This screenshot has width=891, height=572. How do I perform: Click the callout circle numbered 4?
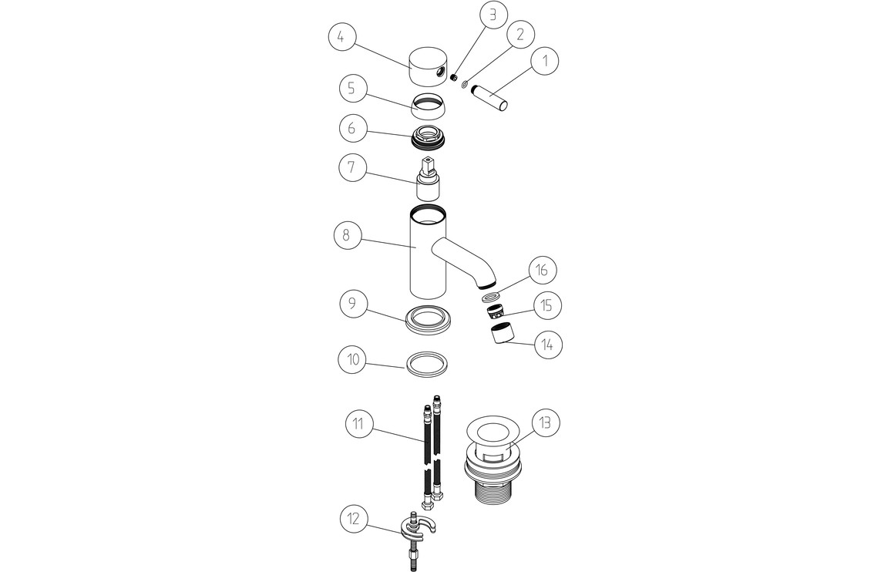coord(342,37)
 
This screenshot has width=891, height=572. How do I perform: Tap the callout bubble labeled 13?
coord(546,423)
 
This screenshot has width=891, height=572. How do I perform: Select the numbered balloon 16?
coord(542,270)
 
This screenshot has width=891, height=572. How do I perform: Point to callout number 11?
coord(359,424)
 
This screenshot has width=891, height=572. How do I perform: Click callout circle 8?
coord(348,234)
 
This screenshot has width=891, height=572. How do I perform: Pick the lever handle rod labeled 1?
coord(489,96)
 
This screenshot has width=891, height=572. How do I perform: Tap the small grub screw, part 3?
coord(454,77)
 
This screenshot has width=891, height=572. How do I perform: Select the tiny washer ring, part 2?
coord(466,86)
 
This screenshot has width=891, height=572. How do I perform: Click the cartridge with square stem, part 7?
coord(427,179)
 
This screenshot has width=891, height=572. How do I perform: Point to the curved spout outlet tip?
coord(488,282)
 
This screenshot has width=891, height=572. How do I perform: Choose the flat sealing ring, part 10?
coord(425,363)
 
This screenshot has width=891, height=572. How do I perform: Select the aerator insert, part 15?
coord(496,311)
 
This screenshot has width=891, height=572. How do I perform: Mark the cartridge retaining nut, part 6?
coord(428,138)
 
